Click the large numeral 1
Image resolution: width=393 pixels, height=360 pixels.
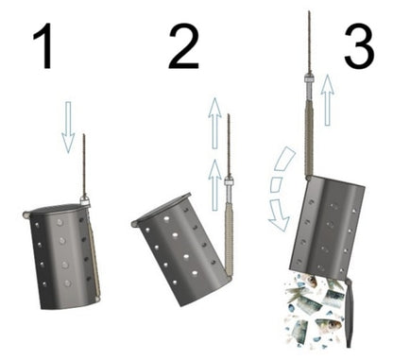(43, 45)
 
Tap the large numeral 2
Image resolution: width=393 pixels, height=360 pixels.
(183, 45)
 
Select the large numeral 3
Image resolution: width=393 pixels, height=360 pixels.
(359, 44)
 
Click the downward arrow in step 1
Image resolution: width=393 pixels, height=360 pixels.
(68, 128)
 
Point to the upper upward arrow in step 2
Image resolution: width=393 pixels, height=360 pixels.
(214, 123)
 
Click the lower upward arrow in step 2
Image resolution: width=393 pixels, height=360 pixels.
(215, 184)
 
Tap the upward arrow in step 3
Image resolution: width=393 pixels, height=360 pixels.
(328, 100)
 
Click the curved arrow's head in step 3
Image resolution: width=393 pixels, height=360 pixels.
(280, 215)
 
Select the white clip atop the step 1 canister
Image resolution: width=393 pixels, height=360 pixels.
(84, 200)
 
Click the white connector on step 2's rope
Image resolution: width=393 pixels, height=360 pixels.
(229, 182)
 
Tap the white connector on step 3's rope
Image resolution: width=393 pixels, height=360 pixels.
(309, 78)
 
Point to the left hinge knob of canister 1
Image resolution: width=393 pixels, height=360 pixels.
(26, 214)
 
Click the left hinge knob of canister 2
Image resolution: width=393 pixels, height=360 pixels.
(135, 224)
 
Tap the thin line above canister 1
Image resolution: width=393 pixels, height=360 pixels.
(84, 165)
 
